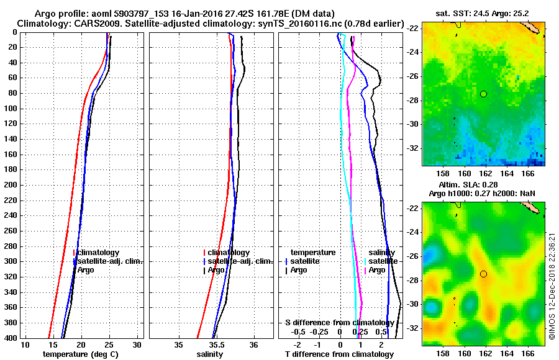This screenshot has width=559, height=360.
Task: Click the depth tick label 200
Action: coord(11,185)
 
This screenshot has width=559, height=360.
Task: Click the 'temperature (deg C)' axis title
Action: coord(80,354)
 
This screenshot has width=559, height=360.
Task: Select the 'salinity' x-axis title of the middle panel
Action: coord(210,354)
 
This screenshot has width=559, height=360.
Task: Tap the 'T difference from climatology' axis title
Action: coord(339,354)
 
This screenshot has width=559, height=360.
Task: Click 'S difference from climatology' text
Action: coord(339,323)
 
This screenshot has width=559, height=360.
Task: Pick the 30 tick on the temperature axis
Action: coord(138,344)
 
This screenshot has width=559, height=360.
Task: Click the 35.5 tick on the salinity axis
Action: coord(216,344)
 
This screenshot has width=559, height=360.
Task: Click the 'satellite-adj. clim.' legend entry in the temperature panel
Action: coord(109,261)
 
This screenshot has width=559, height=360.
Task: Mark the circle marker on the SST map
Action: coord(483,94)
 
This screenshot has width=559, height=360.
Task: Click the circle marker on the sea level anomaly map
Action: coord(483,274)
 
